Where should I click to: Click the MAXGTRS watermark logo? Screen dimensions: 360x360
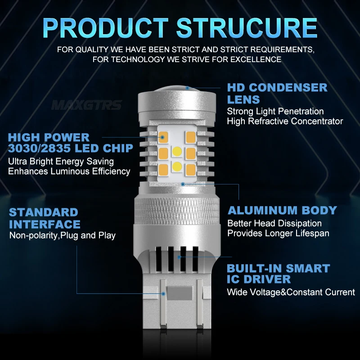(x=86, y=105)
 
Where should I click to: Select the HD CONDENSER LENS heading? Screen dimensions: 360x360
(x=277, y=94)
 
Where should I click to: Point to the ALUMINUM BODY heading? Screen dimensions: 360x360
(x=282, y=210)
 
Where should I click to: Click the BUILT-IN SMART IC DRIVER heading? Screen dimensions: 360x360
(x=278, y=274)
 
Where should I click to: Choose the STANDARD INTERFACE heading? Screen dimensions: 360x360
(x=45, y=218)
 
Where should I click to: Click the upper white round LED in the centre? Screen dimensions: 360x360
(x=177, y=151)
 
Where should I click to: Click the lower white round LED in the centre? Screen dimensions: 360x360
(x=177, y=166)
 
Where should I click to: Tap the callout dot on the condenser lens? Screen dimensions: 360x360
(x=187, y=88)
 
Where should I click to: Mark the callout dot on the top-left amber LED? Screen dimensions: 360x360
(x=162, y=137)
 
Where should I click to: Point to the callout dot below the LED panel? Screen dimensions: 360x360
(x=183, y=184)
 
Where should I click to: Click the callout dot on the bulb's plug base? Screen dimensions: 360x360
(x=163, y=294)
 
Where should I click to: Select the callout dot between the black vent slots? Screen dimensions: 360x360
(x=179, y=257)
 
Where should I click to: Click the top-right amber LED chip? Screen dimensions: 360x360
(x=190, y=137)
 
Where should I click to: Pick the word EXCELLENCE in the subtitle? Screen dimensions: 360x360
(x=256, y=59)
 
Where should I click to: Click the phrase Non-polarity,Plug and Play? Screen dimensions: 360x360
(x=62, y=235)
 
